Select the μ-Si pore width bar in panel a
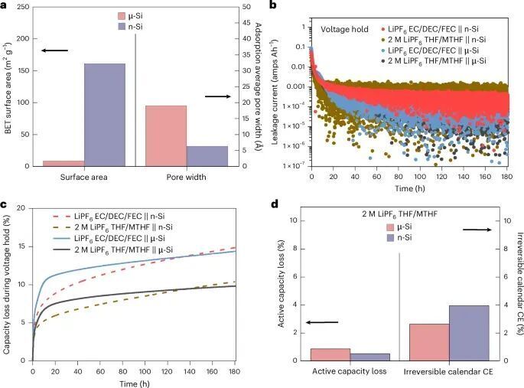tap(165, 135)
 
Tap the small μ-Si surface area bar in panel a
tap(63, 163)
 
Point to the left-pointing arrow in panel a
tap(54, 51)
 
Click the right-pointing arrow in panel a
tap(218, 96)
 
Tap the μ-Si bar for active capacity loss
tap(330, 354)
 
